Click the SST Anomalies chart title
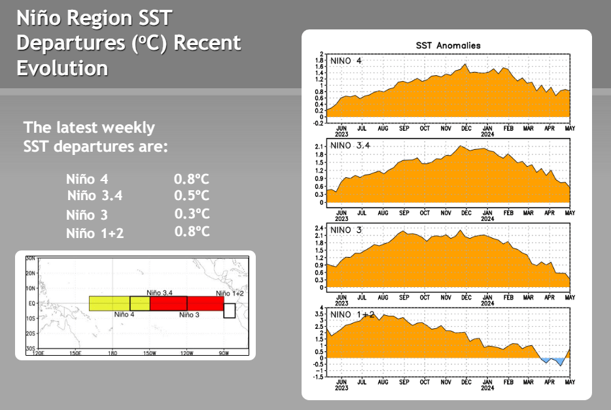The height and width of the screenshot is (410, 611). coord(448,45)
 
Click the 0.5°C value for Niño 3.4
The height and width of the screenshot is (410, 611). coord(192,195)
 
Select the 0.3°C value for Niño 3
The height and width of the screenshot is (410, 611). coord(192,214)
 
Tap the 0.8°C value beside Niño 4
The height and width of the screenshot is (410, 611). coord(192,178)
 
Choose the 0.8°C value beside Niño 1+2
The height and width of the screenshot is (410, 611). coord(192,231)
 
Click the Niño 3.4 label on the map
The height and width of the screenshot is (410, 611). coord(160,292)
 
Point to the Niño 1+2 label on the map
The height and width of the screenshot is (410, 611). coord(230,294)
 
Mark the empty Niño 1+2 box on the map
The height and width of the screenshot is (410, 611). coord(229,310)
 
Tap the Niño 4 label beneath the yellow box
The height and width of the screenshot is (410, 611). coord(124,315)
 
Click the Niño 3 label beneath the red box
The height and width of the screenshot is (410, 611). coord(189,315)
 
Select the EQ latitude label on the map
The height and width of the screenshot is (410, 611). coord(31,303)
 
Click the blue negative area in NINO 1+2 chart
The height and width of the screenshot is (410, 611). coord(553,360)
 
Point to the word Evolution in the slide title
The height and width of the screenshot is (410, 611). coord(62,68)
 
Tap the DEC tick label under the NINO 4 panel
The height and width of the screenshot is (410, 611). coord(466,128)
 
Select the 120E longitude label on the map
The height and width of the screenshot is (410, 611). coord(38,354)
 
